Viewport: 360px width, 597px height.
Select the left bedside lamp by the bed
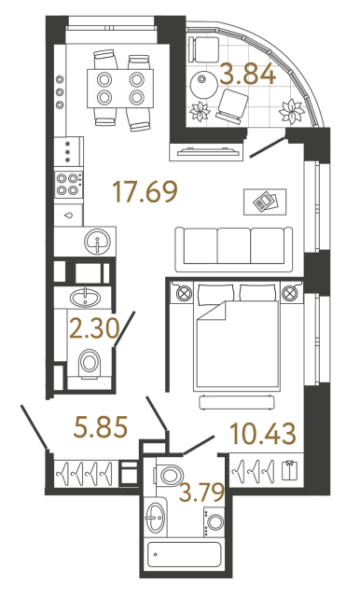181,294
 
